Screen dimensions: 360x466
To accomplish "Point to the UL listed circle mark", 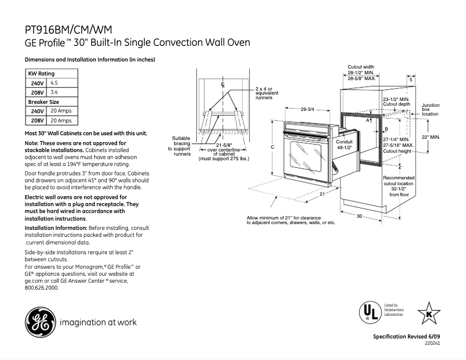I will (x=368, y=314).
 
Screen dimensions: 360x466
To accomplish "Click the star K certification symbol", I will (x=429, y=313).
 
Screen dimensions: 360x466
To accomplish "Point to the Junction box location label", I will (x=431, y=109).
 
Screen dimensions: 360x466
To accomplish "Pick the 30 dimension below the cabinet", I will (x=359, y=216).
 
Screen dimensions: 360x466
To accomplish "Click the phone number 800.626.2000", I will (x=42, y=287).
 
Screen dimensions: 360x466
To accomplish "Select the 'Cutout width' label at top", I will (x=361, y=67).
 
